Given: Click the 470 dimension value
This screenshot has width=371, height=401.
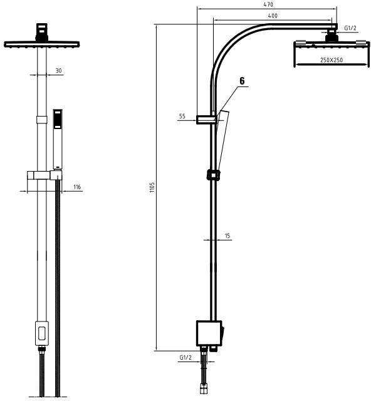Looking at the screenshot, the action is pyautogui.click(x=268, y=4).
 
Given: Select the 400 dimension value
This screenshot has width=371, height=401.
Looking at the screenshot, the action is pyautogui.click(x=273, y=16).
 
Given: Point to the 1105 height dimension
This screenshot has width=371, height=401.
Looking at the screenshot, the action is pyautogui.click(x=152, y=187).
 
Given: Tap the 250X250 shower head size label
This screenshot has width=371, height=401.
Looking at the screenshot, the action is pyautogui.click(x=332, y=60).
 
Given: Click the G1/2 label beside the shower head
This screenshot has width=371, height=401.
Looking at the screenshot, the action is pyautogui.click(x=350, y=28).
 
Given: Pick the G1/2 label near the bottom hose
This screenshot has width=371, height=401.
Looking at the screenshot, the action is pyautogui.click(x=185, y=357).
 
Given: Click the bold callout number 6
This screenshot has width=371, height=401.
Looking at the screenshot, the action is pyautogui.click(x=242, y=81).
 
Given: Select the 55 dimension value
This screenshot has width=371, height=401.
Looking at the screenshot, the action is pyautogui.click(x=182, y=117).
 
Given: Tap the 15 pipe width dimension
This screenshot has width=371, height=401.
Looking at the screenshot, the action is pyautogui.click(x=227, y=236).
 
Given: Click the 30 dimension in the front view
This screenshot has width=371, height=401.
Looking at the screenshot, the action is pyautogui.click(x=58, y=71).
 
